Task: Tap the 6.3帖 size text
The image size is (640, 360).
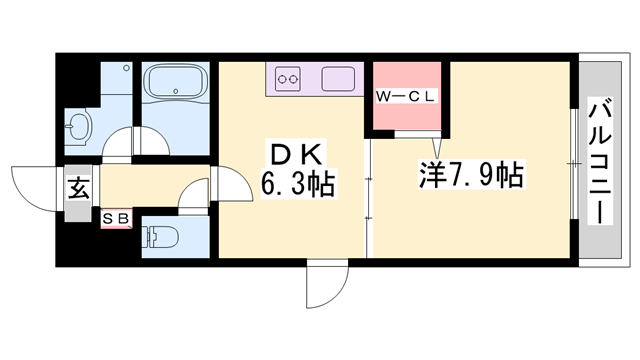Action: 297,185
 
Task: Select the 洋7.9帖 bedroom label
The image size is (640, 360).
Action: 471,177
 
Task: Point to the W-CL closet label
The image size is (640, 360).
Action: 406,97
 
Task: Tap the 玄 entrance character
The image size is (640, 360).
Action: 77,187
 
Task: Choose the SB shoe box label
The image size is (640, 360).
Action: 115,216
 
